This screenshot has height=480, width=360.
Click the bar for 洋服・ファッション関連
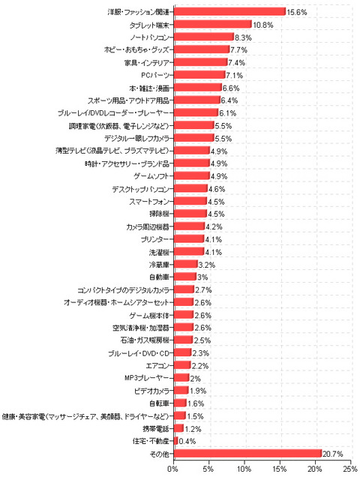pos(229,11)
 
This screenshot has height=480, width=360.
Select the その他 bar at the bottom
pos(247,454)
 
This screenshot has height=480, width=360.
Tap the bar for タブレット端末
pos(212,24)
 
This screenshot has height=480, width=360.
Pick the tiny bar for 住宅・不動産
pos(175,441)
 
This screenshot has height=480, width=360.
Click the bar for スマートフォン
pos(190,201)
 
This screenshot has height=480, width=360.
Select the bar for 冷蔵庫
pos(185,264)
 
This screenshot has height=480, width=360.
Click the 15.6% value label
pos(297,12)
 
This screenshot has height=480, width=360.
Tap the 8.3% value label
pos(243,37)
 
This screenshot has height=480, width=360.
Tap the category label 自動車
pos(159,277)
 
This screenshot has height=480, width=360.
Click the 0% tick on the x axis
pos(173,469)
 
